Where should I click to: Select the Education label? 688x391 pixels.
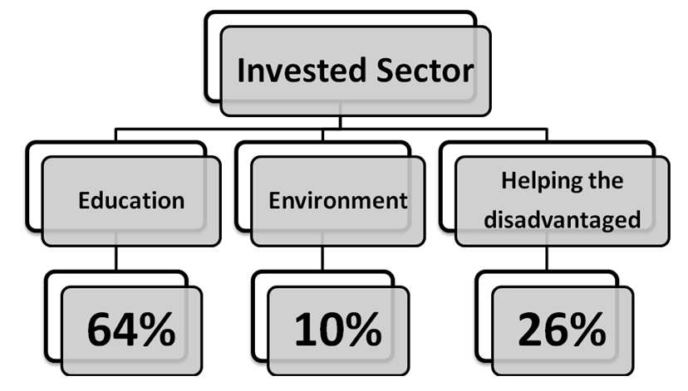pyautogui.click(x=131, y=201)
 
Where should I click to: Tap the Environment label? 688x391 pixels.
pyautogui.click(x=338, y=201)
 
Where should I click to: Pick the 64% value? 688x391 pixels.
pyautogui.click(x=130, y=330)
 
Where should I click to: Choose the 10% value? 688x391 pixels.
pyautogui.click(x=337, y=330)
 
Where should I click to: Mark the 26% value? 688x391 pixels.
pyautogui.click(x=562, y=330)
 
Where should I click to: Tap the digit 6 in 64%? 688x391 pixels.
pyautogui.click(x=101, y=330)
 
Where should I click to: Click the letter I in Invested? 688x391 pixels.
pyautogui.click(x=241, y=71)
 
